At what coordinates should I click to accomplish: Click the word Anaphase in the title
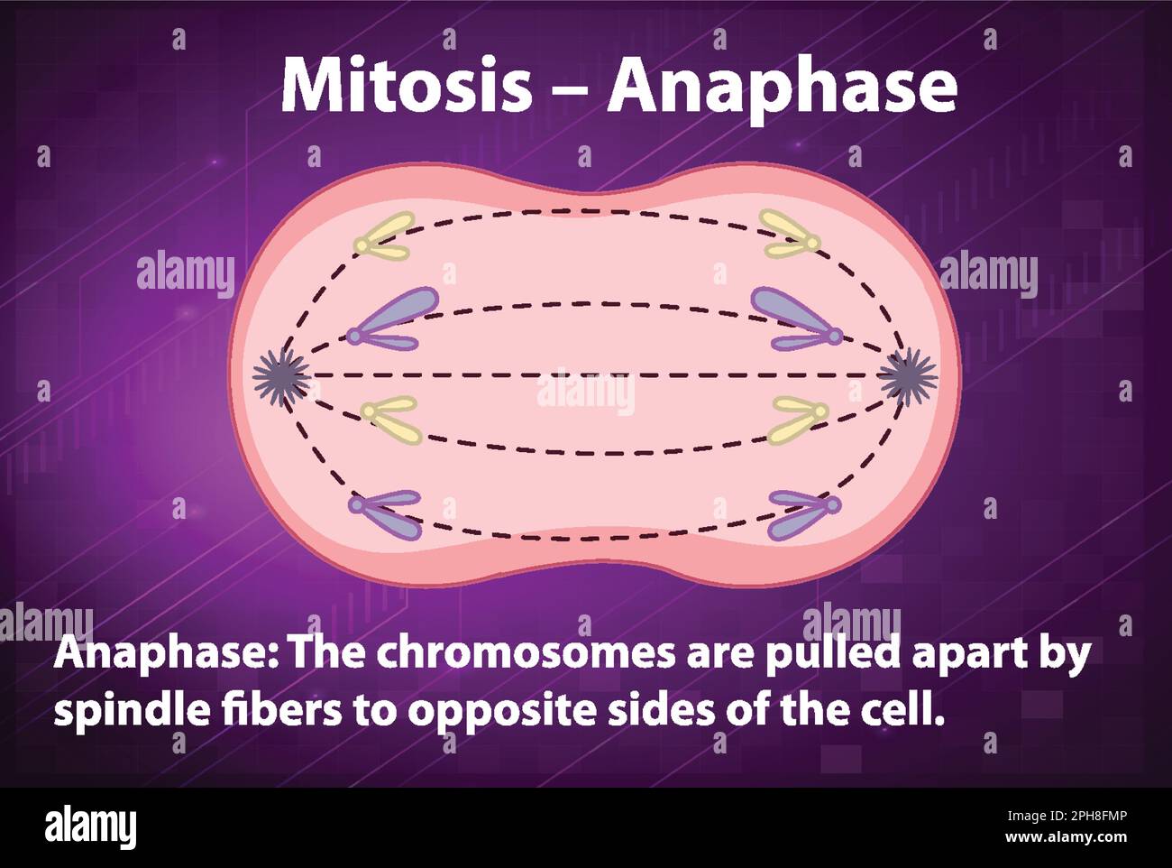pyautogui.click(x=782, y=88)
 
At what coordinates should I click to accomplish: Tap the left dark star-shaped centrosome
pyautogui.click(x=280, y=376)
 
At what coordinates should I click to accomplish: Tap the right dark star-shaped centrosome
pyautogui.click(x=908, y=376)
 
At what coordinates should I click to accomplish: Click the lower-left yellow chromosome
pyautogui.click(x=391, y=419)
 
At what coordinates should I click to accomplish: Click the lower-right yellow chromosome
pyautogui.click(x=797, y=420)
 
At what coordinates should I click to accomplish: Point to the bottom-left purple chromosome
pyautogui.click(x=387, y=514)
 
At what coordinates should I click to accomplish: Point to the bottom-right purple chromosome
pyautogui.click(x=803, y=514)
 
